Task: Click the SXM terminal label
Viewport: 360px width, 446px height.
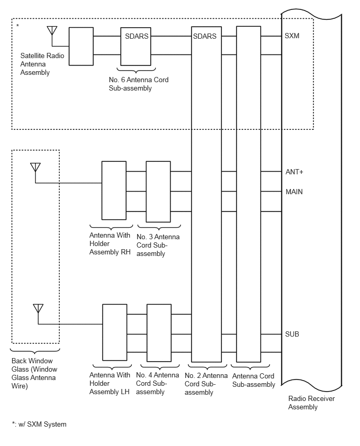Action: coord(292,36)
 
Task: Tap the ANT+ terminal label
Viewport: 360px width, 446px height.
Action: coord(294,172)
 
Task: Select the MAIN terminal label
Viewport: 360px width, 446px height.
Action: coord(294,192)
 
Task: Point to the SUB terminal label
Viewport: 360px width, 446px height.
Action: coord(292,334)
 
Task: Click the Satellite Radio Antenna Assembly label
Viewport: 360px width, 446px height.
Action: coord(42,64)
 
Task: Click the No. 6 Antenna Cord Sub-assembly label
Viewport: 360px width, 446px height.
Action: coord(139,84)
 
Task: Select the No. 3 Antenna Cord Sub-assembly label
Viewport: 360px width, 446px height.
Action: coord(158,245)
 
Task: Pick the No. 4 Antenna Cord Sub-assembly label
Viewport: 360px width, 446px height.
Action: coord(157,383)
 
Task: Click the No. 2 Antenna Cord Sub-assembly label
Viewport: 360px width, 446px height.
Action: coord(206,384)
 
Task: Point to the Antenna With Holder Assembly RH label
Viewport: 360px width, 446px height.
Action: coord(110,244)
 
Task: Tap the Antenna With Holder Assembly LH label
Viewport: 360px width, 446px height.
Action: coord(109,383)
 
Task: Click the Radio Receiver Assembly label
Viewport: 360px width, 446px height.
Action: coord(311,403)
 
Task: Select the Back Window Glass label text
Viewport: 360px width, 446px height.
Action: coord(34,373)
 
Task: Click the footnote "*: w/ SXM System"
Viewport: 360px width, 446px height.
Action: coord(39,425)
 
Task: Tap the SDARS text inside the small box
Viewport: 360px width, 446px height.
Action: coord(137,37)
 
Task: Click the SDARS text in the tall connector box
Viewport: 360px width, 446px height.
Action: coord(205,37)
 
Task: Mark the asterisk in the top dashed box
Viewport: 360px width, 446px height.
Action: coord(18,26)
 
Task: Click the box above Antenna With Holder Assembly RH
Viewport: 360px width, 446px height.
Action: coord(114,191)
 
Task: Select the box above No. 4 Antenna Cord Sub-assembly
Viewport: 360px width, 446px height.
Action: coord(159,333)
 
